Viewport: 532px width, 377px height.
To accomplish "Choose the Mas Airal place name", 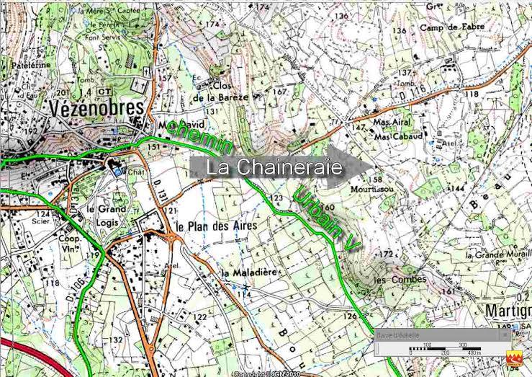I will (x=393, y=123).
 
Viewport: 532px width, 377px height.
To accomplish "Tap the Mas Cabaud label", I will (x=397, y=135).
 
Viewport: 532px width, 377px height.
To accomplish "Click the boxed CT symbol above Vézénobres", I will (x=105, y=92).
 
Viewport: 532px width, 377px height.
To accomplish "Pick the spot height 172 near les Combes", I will (x=387, y=254).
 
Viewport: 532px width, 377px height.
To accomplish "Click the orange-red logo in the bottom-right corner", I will (x=514, y=358).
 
